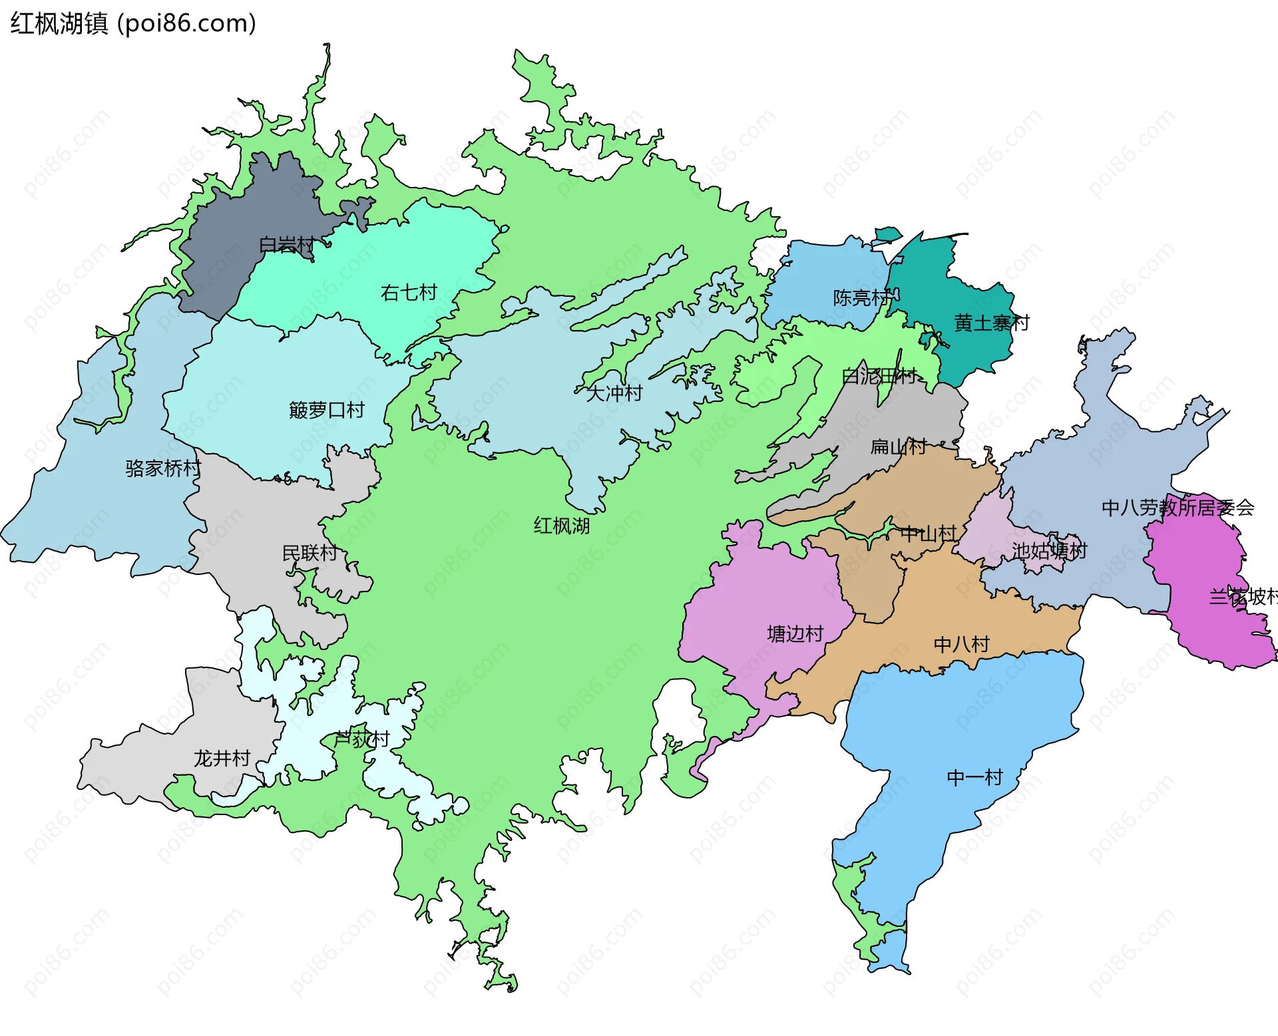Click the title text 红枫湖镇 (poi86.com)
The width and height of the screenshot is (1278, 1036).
coord(133,24)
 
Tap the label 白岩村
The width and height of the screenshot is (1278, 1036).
coord(286,245)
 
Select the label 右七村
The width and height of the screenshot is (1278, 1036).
coord(409,293)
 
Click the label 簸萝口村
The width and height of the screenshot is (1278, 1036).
coord(327,410)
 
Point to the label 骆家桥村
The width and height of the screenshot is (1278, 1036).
coord(163,468)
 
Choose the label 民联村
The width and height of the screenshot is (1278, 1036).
coord(310,553)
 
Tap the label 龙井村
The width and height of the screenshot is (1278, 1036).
coord(222,759)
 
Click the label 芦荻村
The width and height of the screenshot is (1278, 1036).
coord(361,739)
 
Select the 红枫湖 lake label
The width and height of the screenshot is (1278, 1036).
coord(561,526)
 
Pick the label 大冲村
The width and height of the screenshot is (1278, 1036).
coord(614,393)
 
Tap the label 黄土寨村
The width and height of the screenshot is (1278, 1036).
coord(991,323)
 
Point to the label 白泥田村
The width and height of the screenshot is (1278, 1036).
coord(879,377)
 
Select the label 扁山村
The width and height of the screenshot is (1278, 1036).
coord(898,446)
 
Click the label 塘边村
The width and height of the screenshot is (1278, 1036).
coord(795,634)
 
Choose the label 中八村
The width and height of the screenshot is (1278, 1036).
coord(961,644)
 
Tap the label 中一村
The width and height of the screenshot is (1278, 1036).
coord(974,778)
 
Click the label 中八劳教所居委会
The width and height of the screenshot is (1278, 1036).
coord(1177,508)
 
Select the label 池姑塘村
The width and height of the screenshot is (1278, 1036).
coord(1049,551)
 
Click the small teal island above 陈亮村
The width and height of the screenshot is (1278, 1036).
coord(887,234)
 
